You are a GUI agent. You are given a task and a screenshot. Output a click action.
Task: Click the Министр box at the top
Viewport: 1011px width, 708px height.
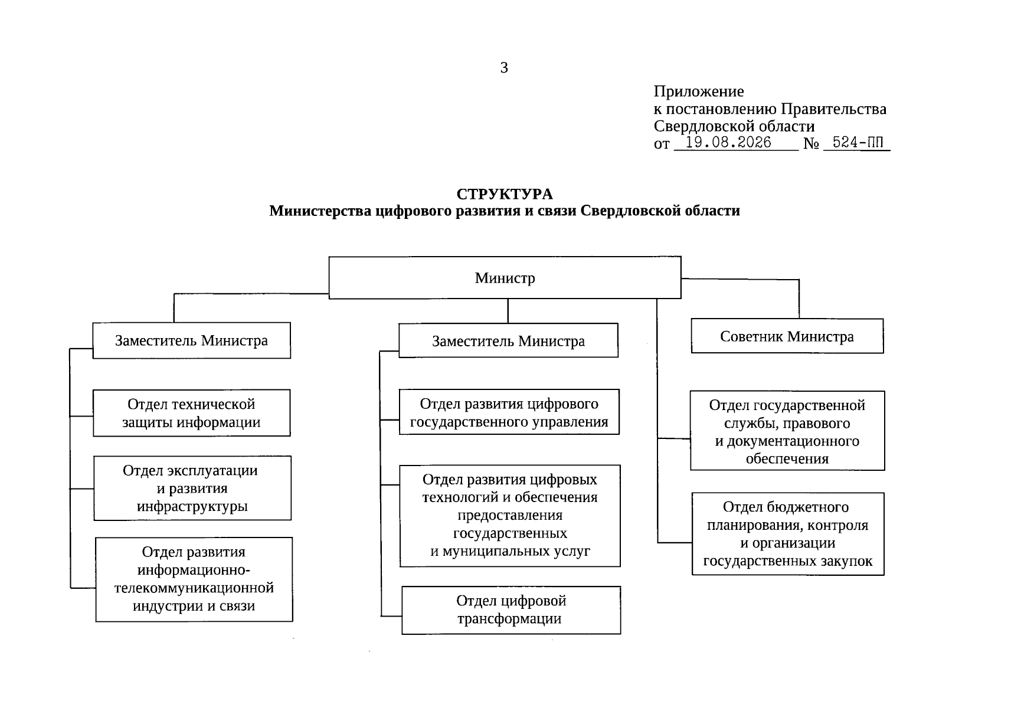[505, 277]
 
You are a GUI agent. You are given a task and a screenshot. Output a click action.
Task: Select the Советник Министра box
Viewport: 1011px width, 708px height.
[787, 336]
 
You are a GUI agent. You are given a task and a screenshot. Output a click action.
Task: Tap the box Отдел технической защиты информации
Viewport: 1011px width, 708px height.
[191, 413]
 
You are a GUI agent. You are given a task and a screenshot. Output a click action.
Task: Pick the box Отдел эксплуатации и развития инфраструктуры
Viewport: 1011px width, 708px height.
[192, 488]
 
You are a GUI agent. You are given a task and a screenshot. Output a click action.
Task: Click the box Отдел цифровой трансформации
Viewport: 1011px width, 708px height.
[511, 610]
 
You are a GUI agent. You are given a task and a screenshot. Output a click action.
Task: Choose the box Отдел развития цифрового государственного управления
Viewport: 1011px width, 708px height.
[509, 412]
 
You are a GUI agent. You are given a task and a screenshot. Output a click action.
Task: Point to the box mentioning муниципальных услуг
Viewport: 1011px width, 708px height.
[510, 516]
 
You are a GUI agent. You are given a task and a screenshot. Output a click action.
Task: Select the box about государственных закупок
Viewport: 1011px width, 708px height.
[788, 534]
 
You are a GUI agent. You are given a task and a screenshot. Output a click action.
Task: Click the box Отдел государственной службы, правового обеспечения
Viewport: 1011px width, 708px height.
[787, 431]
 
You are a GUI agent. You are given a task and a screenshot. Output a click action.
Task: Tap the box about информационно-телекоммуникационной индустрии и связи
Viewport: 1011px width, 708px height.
[194, 579]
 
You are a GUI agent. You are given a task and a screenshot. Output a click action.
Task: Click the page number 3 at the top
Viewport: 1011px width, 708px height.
[504, 68]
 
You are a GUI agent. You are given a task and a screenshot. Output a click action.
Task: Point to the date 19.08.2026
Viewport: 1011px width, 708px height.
[728, 142]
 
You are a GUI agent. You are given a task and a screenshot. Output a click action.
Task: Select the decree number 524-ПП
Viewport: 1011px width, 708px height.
[858, 142]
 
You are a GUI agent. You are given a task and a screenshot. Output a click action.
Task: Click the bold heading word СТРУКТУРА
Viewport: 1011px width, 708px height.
[505, 194]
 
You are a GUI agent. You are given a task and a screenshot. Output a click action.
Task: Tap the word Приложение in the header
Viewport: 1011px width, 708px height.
[699, 91]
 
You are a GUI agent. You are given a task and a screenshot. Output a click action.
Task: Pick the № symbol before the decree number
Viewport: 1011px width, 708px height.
[811, 143]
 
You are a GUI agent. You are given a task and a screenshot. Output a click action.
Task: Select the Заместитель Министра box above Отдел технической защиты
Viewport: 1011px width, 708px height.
[191, 340]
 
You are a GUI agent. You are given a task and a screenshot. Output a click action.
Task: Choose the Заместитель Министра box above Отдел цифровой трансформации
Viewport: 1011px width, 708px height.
[508, 340]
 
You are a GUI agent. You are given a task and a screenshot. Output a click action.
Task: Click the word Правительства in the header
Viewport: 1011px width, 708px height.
[833, 109]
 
